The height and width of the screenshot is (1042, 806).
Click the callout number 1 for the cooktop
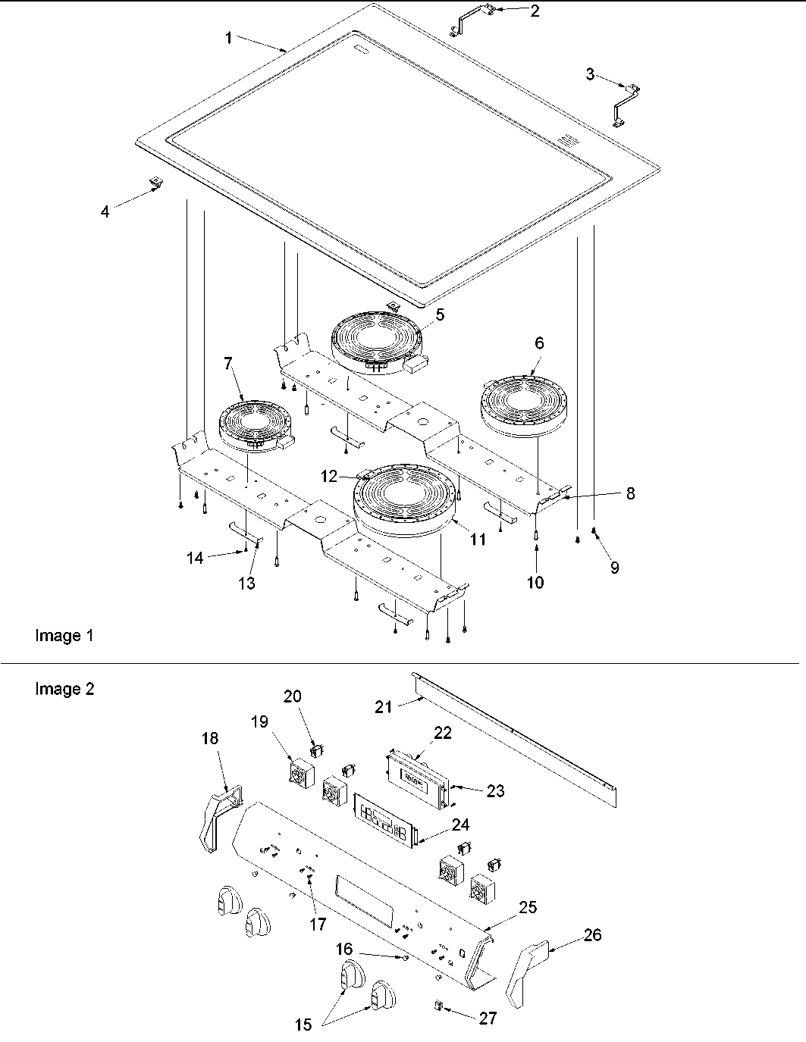tap(229, 39)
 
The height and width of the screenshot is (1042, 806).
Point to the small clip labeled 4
tap(157, 183)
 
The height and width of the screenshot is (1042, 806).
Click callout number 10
tap(536, 582)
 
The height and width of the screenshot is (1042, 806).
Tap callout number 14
tap(195, 558)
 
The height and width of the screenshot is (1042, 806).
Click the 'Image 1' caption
tap(64, 636)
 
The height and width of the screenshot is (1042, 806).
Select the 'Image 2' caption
tap(64, 689)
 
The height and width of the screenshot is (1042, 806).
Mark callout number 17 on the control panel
tap(317, 924)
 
